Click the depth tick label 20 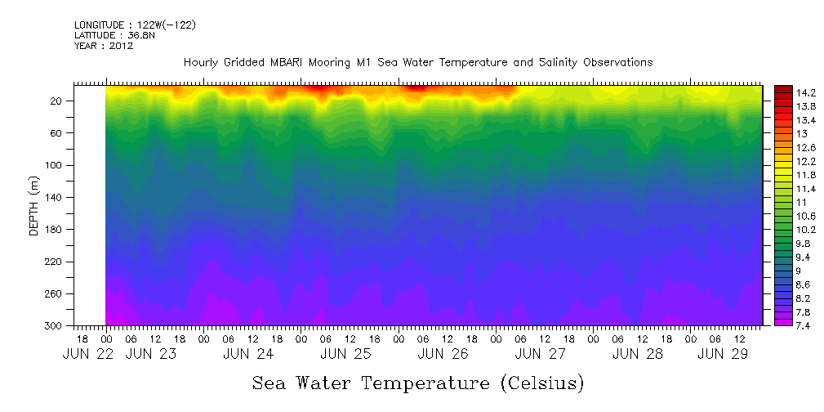tap(57, 101)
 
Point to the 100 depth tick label tap(55, 165)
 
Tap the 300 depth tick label tap(55, 326)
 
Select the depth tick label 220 tap(55, 262)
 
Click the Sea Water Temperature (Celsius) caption tap(418, 383)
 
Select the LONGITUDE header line tap(135, 25)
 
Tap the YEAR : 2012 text tap(104, 46)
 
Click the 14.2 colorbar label tap(783, 93)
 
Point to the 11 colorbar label tap(779, 201)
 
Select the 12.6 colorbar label tap(783, 147)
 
